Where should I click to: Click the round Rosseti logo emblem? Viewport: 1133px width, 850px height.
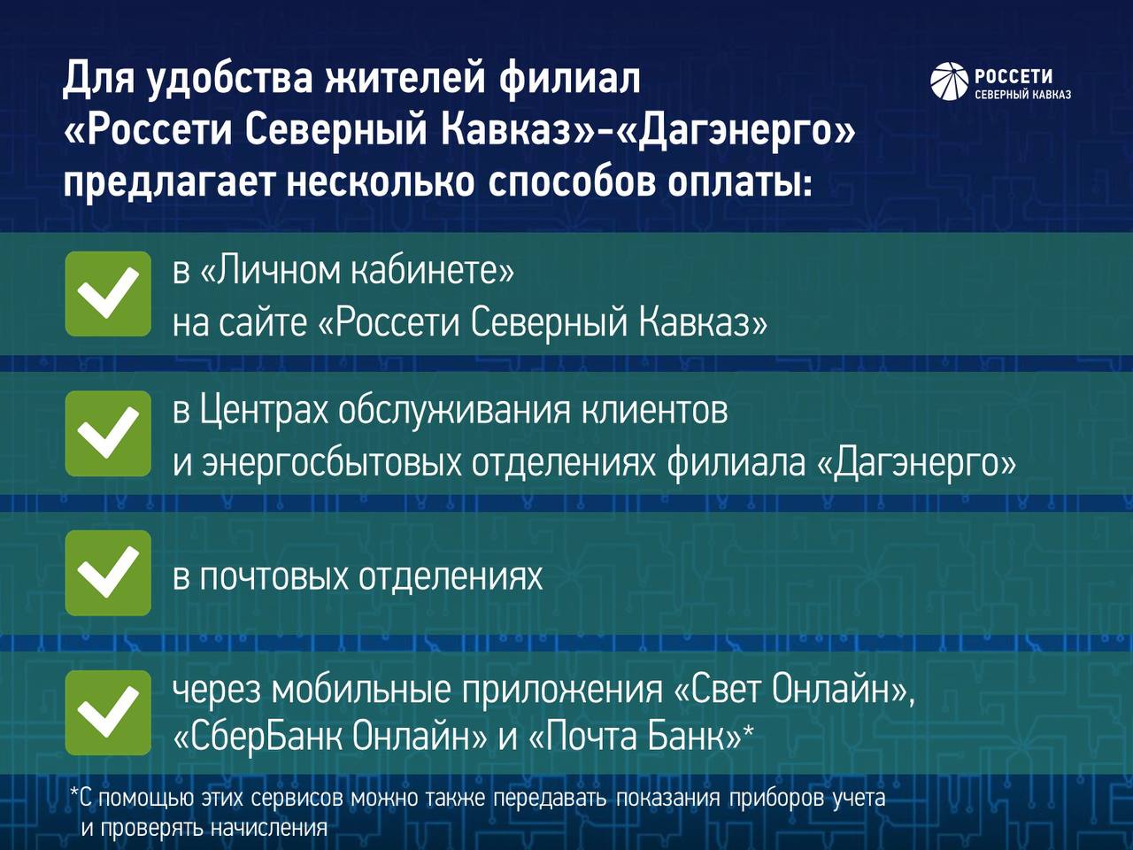tap(949, 81)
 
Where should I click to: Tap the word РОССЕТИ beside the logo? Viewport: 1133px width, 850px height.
tap(1014, 76)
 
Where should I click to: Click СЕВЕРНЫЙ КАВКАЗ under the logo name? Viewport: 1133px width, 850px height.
tap(1023, 95)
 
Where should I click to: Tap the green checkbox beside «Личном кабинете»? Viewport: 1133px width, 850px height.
tap(108, 294)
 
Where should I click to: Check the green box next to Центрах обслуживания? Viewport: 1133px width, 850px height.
tap(108, 434)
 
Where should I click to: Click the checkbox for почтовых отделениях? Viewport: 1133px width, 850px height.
tap(108, 573)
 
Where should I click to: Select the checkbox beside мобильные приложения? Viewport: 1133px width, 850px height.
tap(108, 713)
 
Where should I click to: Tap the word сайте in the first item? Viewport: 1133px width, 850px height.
tap(263, 323)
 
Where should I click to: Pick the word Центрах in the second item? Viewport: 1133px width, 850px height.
tap(264, 413)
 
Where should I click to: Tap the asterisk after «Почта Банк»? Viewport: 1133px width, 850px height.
tap(748, 730)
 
